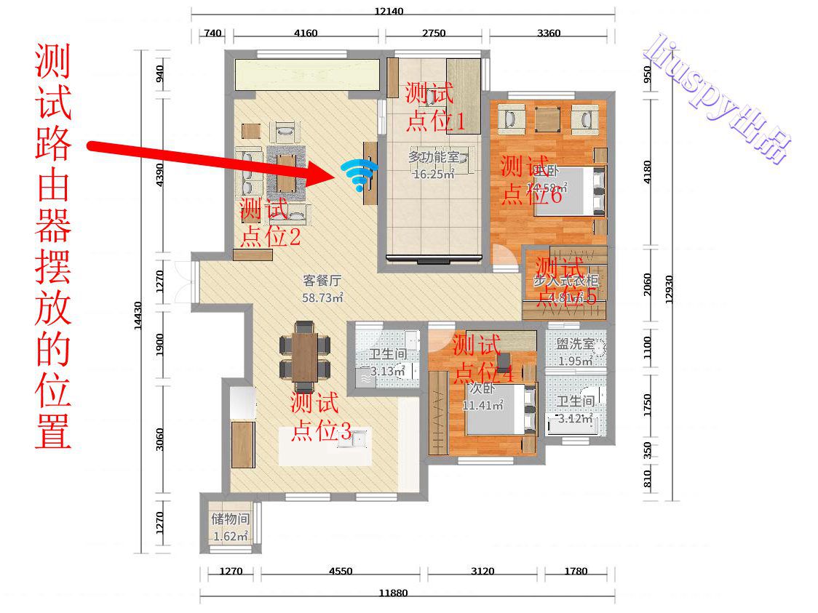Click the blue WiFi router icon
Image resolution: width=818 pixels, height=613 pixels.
tap(358, 175)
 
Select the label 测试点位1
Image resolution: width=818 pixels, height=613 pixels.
tap(434, 107)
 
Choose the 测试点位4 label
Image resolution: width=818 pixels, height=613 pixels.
tap(483, 358)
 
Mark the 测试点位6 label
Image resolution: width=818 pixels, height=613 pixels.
tap(531, 180)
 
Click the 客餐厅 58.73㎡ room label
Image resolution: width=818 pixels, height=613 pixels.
tap(322, 288)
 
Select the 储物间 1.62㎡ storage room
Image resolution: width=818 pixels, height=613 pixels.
tap(231, 527)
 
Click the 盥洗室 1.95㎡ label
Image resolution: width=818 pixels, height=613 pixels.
tap(575, 352)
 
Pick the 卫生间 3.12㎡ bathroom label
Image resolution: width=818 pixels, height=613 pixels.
tap(575, 409)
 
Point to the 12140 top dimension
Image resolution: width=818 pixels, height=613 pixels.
tap(389, 11)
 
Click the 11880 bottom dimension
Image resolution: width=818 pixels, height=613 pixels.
tap(393, 593)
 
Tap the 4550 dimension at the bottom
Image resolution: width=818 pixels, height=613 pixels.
tap(340, 571)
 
